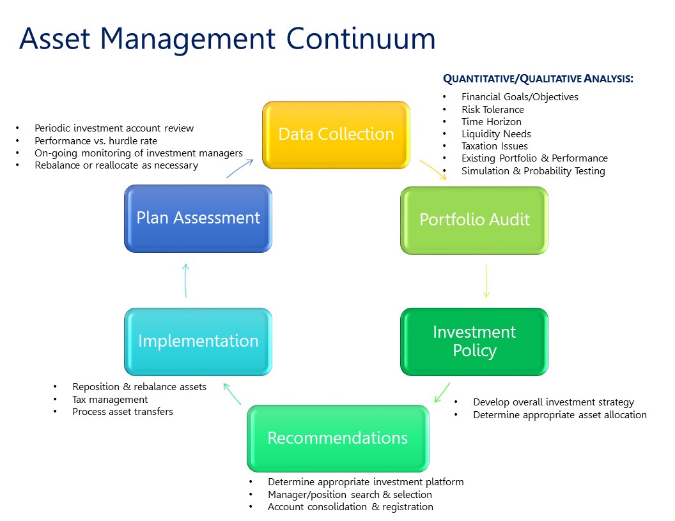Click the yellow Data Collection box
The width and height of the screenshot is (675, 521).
336,135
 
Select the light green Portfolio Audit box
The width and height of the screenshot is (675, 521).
474,220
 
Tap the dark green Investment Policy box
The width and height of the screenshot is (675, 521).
474,342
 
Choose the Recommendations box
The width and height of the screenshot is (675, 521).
337,438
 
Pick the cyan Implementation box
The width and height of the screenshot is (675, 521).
198,341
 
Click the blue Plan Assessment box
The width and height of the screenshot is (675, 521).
198,218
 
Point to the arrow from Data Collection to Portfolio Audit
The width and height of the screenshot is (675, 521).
433,169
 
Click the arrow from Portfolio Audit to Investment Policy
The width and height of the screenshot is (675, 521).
486,281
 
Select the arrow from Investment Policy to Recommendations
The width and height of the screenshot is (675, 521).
442,392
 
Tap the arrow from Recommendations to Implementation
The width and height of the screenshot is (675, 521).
231,393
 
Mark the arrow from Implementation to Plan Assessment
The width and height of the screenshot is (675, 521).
185,280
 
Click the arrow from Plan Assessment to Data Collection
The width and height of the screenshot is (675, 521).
240,169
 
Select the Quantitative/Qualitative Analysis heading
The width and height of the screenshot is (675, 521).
538,79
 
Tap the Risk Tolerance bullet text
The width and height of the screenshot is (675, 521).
492,109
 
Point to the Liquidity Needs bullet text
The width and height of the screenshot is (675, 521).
496,134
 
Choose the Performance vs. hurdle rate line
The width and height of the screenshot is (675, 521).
96,140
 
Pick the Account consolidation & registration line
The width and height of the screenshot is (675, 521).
350,507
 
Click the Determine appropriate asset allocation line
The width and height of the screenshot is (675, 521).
559,415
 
